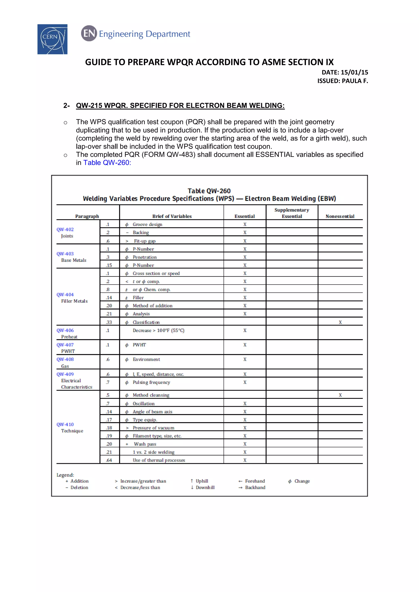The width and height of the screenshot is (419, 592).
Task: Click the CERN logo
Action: click(x=52, y=39)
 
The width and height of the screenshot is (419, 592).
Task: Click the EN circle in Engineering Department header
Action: click(x=89, y=33)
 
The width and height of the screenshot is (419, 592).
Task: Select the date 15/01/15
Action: click(x=354, y=72)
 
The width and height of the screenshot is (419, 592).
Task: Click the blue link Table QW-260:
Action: click(x=107, y=163)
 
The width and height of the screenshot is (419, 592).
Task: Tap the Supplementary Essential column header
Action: click(x=292, y=213)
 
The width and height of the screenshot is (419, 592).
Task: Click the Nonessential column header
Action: click(x=340, y=216)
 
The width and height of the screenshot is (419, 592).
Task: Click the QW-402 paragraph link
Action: click(x=65, y=230)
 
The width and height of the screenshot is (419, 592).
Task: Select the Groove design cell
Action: click(x=147, y=224)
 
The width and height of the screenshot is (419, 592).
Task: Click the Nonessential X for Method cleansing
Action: click(x=340, y=395)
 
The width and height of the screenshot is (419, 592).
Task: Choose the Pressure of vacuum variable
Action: click(x=153, y=428)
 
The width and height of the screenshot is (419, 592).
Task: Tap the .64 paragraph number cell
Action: click(x=109, y=460)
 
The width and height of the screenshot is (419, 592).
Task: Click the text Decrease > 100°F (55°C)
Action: click(x=158, y=330)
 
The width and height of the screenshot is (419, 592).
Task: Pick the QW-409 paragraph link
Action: click(x=65, y=374)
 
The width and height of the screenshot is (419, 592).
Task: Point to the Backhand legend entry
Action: click(x=255, y=487)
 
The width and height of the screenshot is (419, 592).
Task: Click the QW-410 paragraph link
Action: click(x=65, y=424)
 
